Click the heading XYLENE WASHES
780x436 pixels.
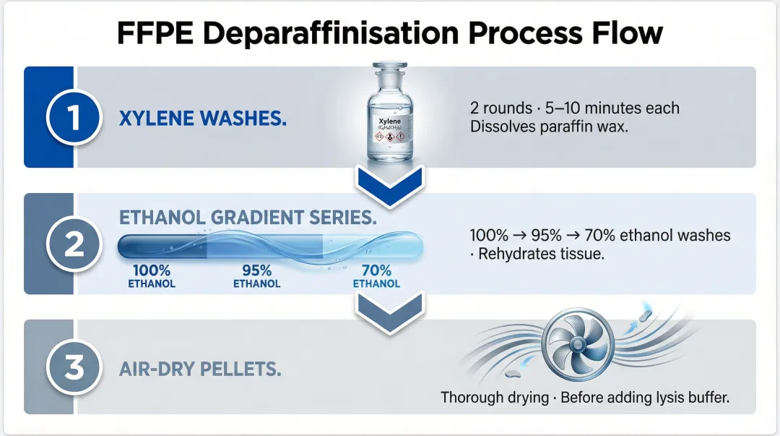coord(202,119)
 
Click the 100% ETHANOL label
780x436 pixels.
coord(152,277)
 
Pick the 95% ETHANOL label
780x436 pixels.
coord(256,277)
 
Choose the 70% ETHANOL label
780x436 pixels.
coord(376,277)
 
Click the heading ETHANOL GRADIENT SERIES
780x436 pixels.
coord(248,218)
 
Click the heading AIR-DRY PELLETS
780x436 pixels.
coord(200,369)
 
